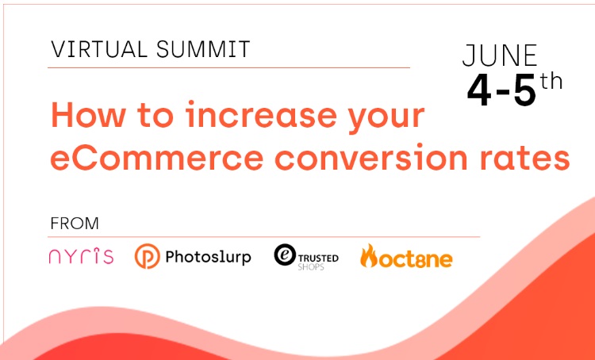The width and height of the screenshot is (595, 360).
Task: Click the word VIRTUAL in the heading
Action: pyautogui.click(x=99, y=49)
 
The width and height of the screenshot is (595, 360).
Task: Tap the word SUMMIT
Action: pyautogui.click(x=203, y=49)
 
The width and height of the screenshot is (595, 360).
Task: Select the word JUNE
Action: pyautogui.click(x=500, y=56)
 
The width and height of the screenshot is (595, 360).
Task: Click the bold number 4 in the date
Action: pyautogui.click(x=479, y=90)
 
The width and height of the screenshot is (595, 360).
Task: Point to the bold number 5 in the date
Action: pyautogui.click(x=525, y=90)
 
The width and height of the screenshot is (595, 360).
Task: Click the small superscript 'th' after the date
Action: pyautogui.click(x=551, y=81)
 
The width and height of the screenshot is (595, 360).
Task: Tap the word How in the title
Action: pyautogui.click(x=88, y=114)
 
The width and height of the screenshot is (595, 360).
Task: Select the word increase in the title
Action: pyautogui.click(x=261, y=114)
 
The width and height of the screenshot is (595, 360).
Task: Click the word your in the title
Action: pyautogui.click(x=386, y=118)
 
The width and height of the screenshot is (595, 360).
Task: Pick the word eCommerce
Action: pyautogui.click(x=157, y=157)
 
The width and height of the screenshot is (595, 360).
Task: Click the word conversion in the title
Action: pyautogui.click(x=370, y=157)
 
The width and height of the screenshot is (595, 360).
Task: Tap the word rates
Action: pyautogui.click(x=525, y=157)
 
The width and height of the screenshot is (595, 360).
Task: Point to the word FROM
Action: pyautogui.click(x=75, y=224)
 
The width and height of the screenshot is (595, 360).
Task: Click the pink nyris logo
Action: pyautogui.click(x=81, y=255)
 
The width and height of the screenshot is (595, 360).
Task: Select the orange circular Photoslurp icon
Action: pyautogui.click(x=148, y=256)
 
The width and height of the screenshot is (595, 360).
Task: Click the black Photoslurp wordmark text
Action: pyautogui.click(x=208, y=258)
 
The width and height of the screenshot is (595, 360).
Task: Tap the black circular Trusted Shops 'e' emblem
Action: pyautogui.click(x=285, y=255)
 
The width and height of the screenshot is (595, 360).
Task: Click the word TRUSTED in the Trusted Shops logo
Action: pyautogui.click(x=318, y=259)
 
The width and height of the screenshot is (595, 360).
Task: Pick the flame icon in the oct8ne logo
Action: pyautogui.click(x=368, y=255)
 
